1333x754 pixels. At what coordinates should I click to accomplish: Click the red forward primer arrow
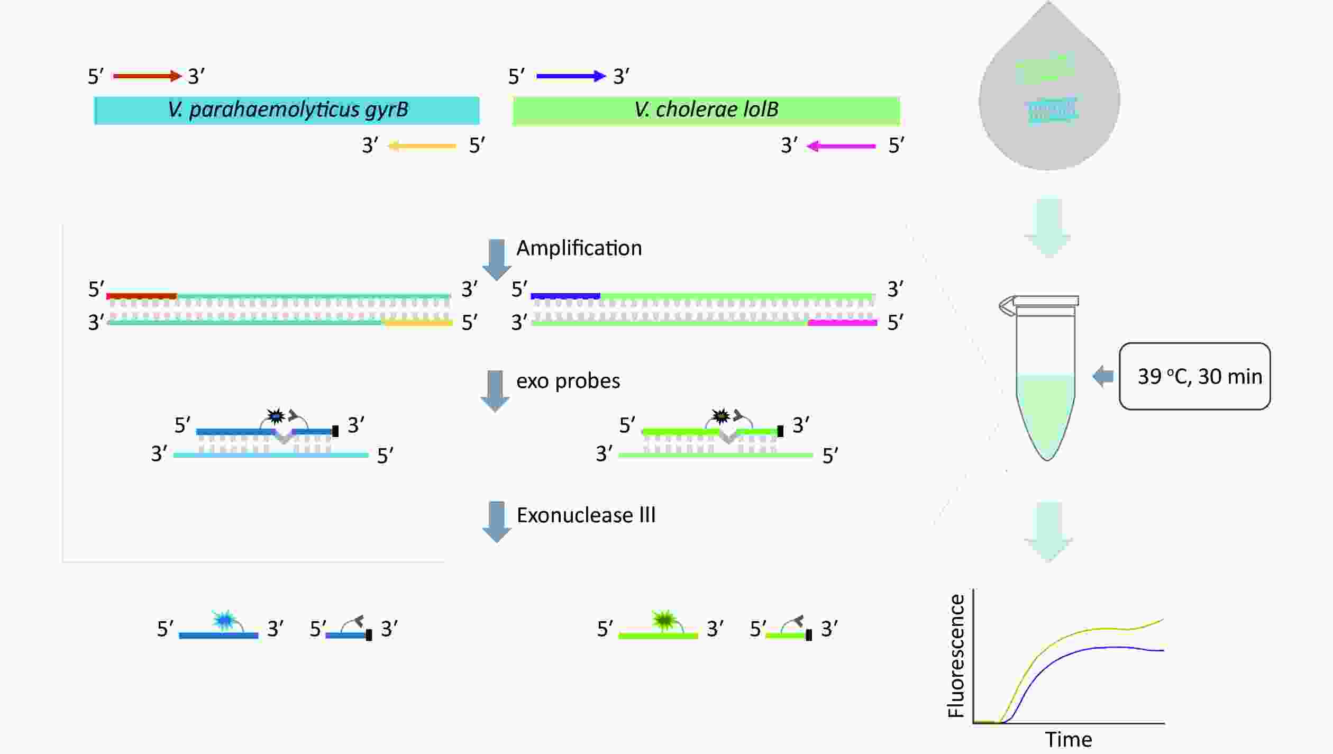[148, 76]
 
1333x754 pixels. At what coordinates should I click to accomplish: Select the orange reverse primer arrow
[422, 146]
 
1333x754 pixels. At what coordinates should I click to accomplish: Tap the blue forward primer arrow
[571, 76]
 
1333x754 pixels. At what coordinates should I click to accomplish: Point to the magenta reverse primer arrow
[841, 146]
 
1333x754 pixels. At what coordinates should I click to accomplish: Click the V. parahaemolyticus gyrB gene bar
[287, 110]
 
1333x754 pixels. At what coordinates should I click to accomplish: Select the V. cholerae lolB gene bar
[706, 111]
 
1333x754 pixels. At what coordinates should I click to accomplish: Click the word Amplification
[579, 248]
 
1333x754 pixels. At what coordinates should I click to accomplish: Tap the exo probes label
[568, 381]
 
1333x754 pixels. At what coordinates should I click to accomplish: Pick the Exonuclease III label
[586, 515]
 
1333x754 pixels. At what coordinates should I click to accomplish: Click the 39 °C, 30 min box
[1194, 376]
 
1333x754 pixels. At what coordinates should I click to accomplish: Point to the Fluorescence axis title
[956, 656]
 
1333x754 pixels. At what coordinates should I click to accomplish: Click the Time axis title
[1069, 739]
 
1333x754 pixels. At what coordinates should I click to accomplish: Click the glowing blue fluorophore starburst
[223, 620]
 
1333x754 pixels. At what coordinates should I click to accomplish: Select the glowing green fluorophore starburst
[663, 620]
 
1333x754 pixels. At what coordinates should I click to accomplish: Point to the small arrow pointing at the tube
[1103, 376]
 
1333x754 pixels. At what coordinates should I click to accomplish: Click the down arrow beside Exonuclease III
[496, 522]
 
